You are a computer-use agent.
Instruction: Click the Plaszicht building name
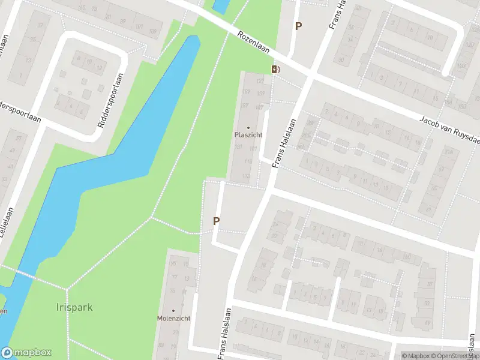pos(248,134)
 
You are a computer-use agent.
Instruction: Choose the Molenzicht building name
pos(173,318)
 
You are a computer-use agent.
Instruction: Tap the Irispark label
pos(76,308)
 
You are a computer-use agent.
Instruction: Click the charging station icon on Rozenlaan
pos(275,69)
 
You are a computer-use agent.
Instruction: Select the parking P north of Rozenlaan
pos(298,26)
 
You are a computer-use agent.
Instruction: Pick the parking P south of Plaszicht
pos(216,221)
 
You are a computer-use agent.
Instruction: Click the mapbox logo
pos(26,353)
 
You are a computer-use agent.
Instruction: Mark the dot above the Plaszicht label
pos(248,127)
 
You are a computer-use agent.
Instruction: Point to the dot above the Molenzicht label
pos(173,311)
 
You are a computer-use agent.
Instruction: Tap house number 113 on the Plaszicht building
pos(246,176)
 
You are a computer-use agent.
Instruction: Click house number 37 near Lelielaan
pos(40,26)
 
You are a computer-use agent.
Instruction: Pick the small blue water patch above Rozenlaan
pos(220,5)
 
